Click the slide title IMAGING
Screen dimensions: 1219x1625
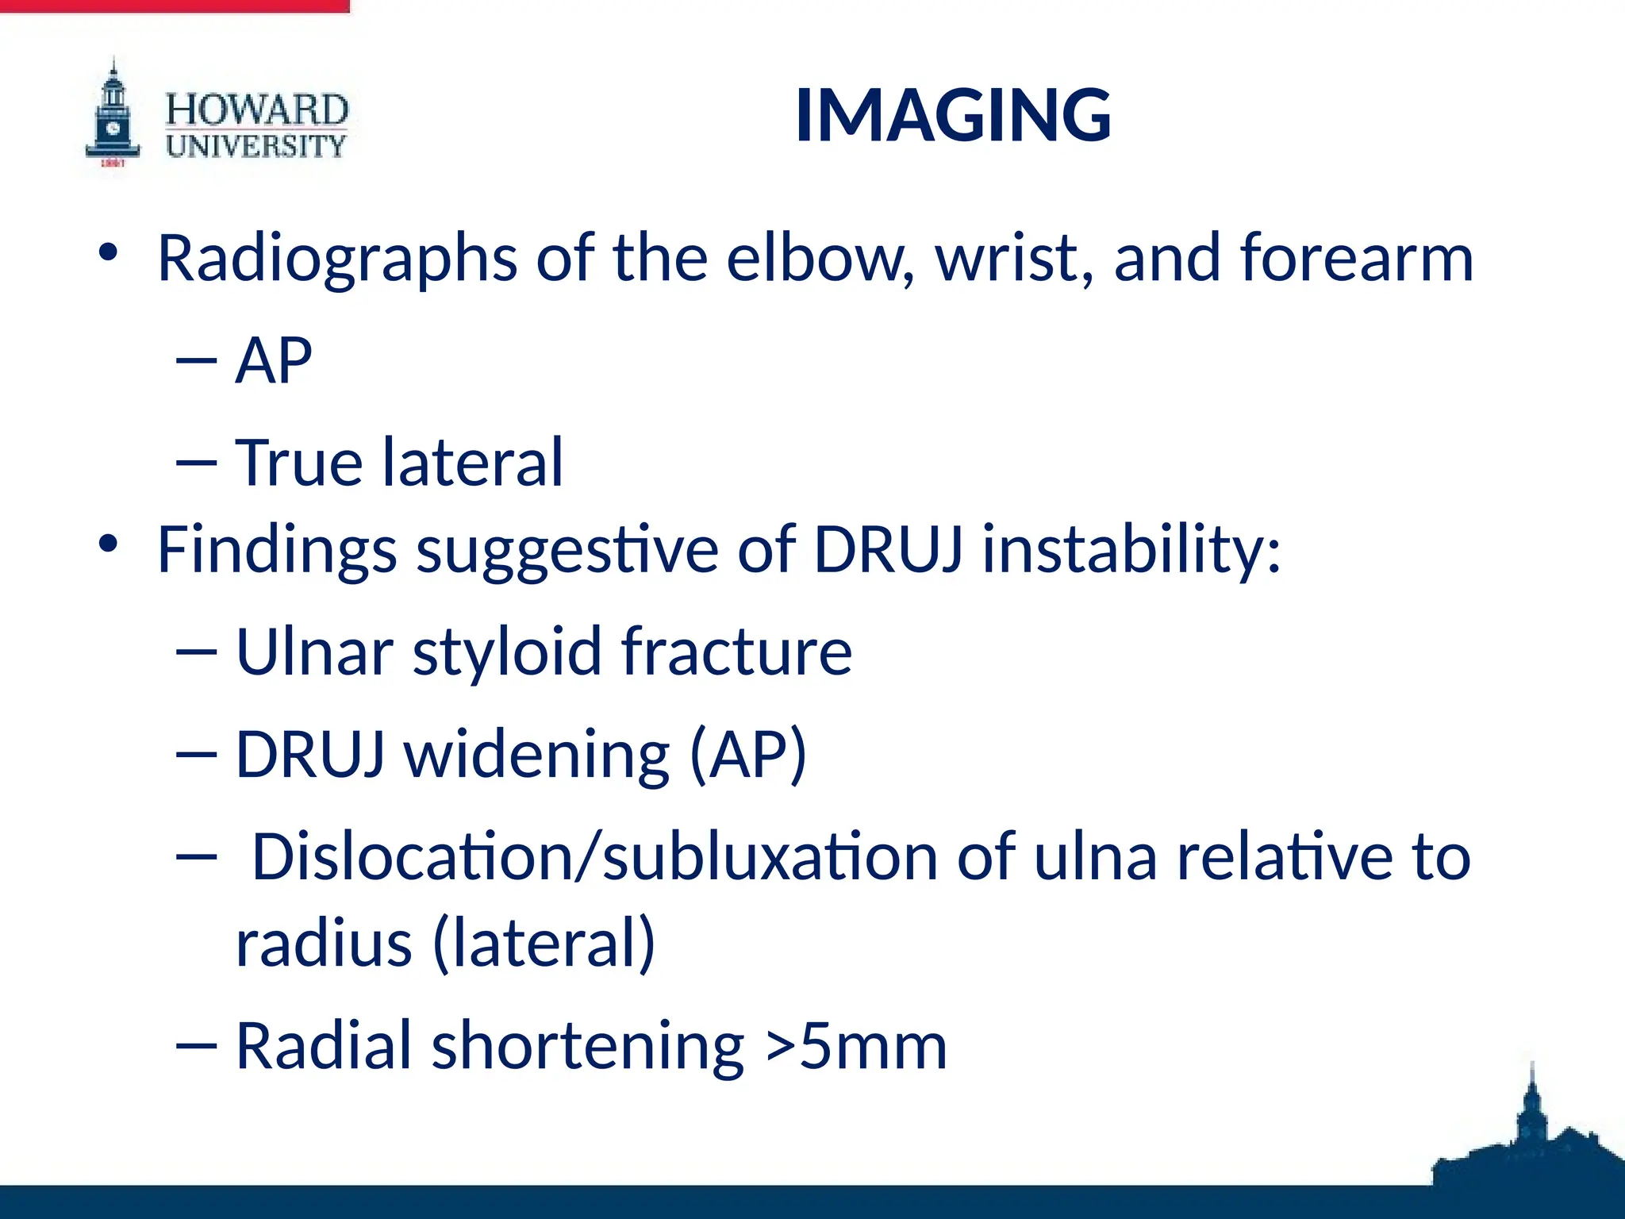tap(953, 116)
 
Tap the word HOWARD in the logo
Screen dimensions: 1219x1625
tap(256, 110)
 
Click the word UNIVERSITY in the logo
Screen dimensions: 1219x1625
tap(256, 146)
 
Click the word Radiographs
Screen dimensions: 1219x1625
tap(337, 259)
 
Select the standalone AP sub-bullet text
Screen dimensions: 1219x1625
tap(274, 360)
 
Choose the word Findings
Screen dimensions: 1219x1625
tap(277, 550)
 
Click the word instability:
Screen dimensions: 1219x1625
tap(1131, 548)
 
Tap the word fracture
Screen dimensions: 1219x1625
tap(736, 652)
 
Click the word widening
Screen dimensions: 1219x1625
tap(537, 754)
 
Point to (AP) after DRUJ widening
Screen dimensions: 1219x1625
tap(747, 754)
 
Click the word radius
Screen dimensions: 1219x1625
tap(324, 943)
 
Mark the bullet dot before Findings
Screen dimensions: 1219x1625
tap(108, 544)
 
